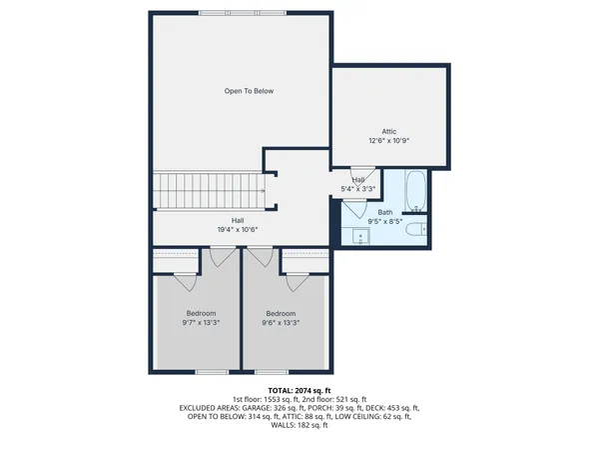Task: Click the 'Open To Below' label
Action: point(249,91)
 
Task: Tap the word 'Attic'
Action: point(388,131)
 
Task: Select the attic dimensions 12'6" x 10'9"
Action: point(388,140)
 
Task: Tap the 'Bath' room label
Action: point(384,212)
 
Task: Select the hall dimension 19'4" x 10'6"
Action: point(238,229)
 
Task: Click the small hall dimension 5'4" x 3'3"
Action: point(358,188)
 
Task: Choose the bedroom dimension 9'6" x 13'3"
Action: point(281,322)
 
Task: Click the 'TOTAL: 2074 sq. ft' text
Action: point(299,388)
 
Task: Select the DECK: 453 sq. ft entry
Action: point(393,408)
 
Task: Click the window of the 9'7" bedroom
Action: point(212,372)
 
